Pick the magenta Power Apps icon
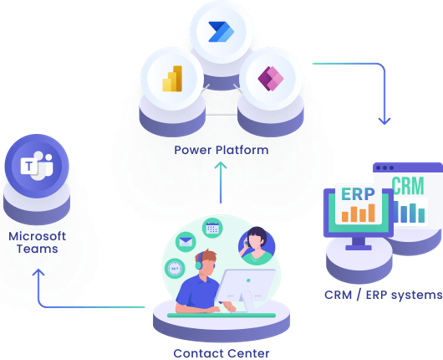(x=269, y=78)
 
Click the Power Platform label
(x=220, y=150)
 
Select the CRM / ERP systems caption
(x=382, y=295)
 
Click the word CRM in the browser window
(x=408, y=186)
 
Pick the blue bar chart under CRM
(x=410, y=211)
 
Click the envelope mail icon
(x=185, y=242)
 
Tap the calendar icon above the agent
(x=212, y=228)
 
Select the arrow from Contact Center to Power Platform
(x=220, y=185)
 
